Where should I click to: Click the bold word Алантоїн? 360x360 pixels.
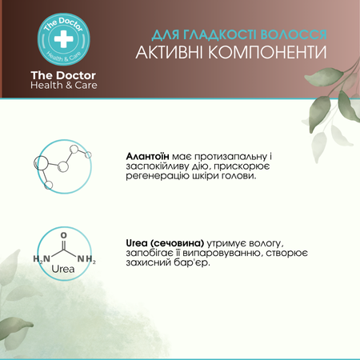[x=151, y=154]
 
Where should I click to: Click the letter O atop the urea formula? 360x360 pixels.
[x=64, y=236]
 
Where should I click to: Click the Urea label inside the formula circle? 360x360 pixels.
[x=64, y=270]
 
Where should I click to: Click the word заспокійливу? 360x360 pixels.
[x=160, y=165]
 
